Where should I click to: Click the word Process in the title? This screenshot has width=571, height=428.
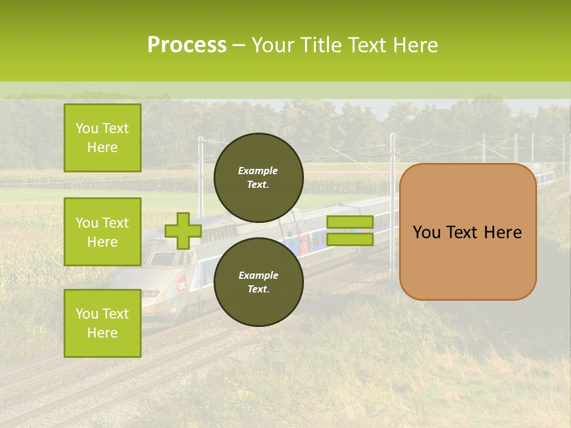click(187, 45)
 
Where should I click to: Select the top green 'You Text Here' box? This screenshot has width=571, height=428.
click(102, 138)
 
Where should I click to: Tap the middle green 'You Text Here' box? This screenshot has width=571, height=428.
click(102, 232)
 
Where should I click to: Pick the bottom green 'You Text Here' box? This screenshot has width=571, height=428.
click(102, 323)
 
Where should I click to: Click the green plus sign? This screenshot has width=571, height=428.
click(183, 231)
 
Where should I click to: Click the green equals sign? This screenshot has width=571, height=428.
click(350, 231)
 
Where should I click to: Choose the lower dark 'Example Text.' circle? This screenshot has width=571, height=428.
click(258, 282)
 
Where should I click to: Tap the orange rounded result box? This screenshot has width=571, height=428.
click(468, 232)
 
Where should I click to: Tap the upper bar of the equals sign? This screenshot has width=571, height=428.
click(350, 222)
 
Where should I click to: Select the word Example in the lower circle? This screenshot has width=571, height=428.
click(258, 275)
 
